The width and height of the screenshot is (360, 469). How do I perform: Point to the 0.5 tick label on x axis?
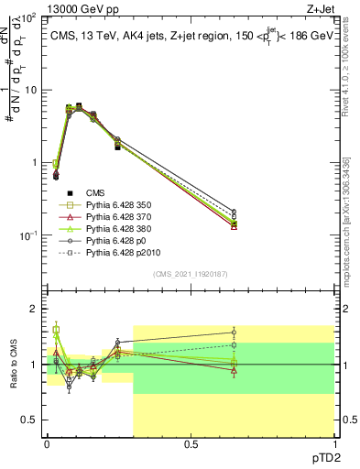pos(191,446)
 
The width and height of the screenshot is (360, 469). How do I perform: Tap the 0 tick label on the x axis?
pos(47,446)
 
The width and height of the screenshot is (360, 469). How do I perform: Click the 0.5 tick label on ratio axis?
pos(29,420)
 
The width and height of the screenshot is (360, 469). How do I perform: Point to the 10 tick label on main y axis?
pos(29,90)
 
